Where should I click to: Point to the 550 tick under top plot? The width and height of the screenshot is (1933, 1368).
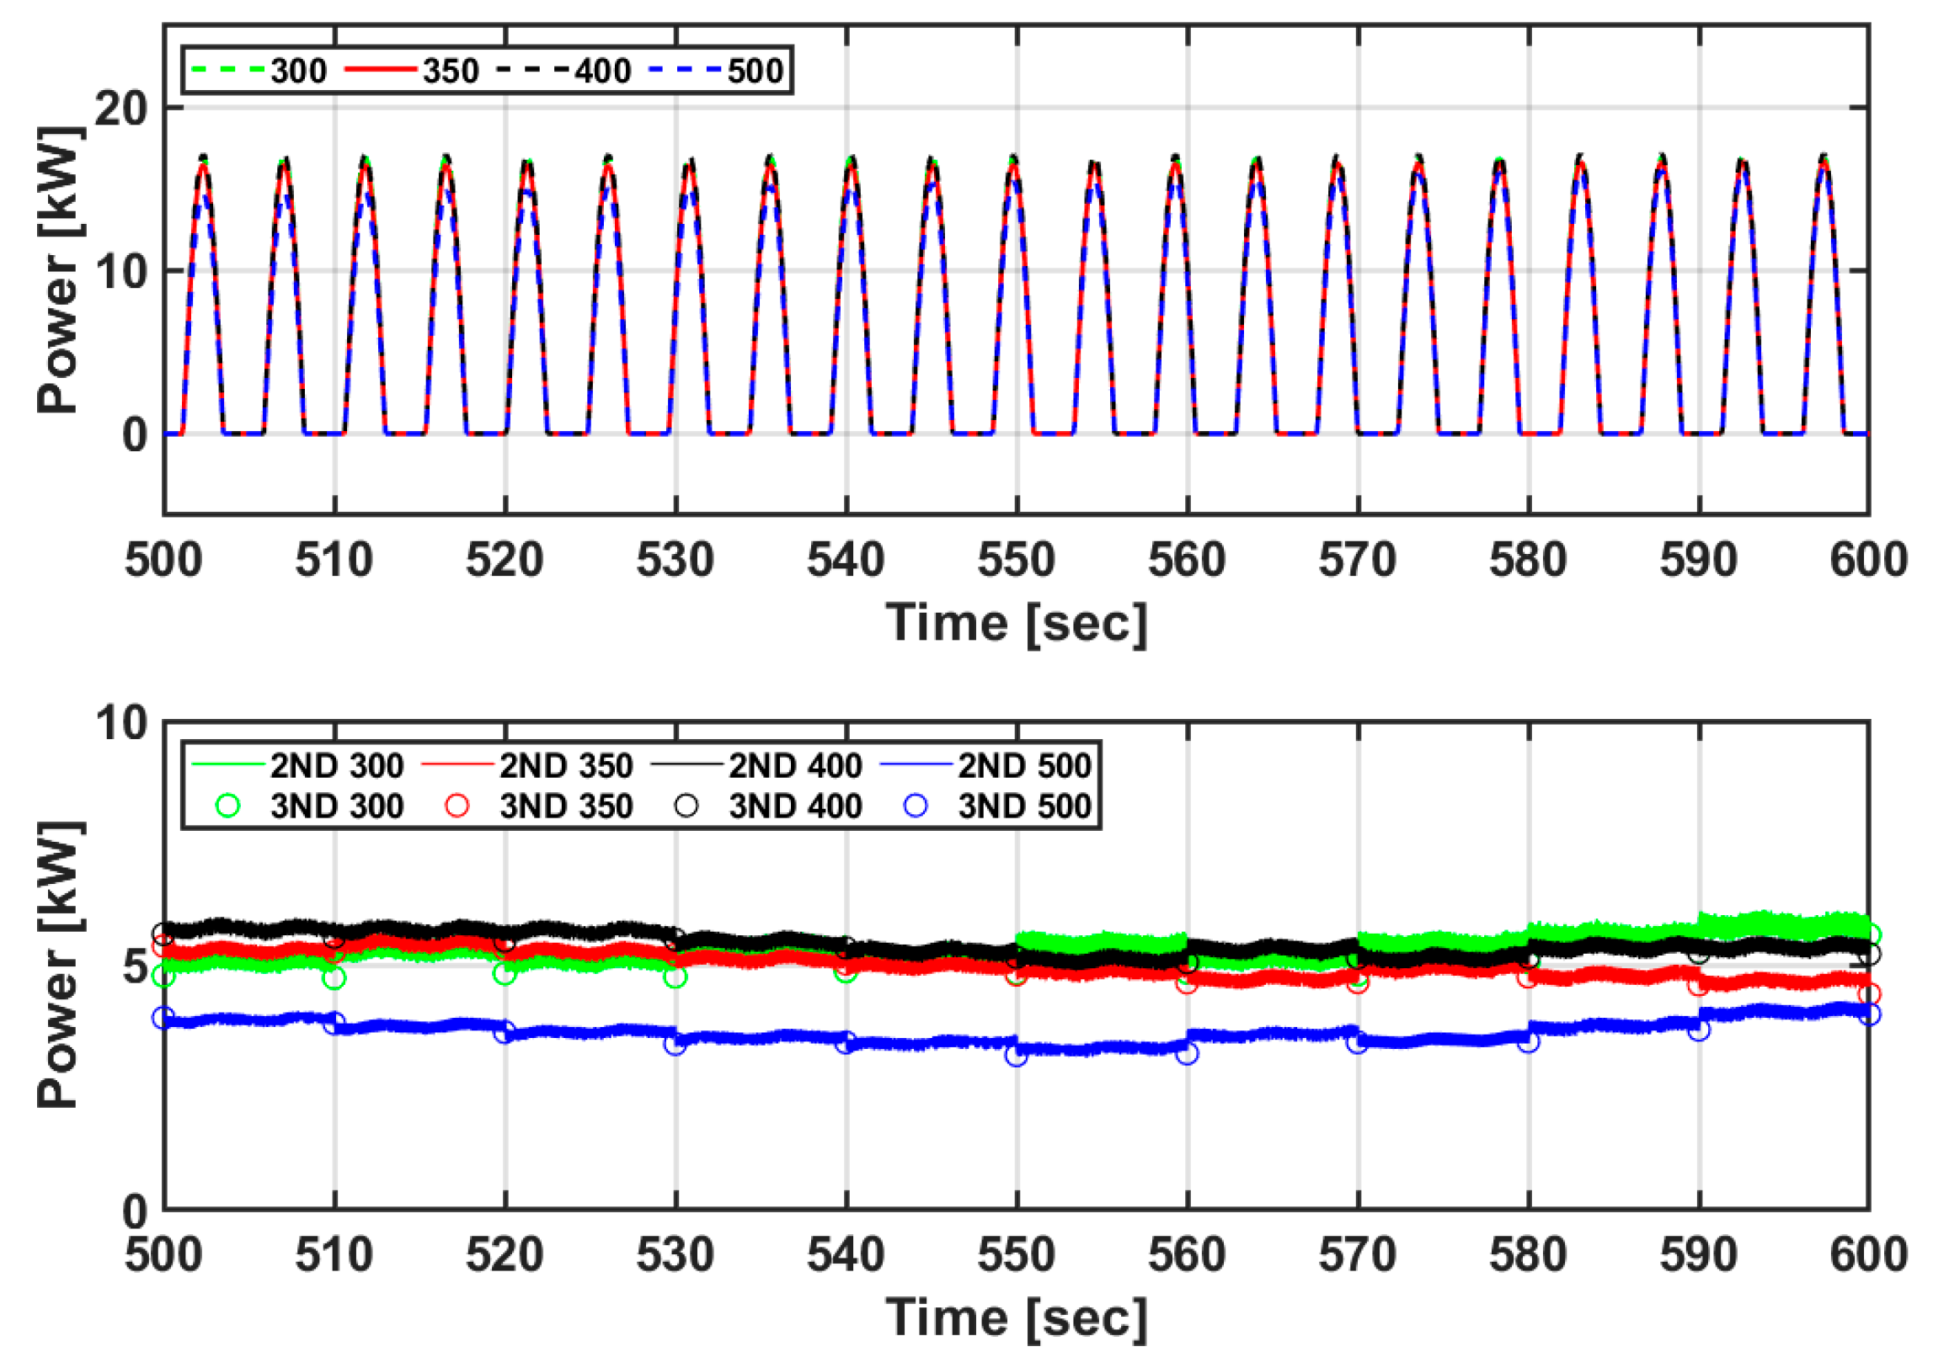(1017, 560)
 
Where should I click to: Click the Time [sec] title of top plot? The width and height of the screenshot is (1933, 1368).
(1017, 622)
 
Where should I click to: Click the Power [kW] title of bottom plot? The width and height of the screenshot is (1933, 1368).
(59, 964)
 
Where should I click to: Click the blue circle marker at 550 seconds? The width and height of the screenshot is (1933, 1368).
(1017, 1055)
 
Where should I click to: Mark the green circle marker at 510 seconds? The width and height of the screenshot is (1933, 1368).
(334, 978)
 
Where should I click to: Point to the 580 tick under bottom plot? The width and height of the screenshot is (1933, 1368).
(1528, 1255)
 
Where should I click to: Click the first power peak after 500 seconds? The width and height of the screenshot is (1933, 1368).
(203, 160)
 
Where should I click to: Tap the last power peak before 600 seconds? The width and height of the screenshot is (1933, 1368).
(1824, 158)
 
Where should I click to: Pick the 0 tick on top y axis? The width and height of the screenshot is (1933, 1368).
(135, 434)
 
